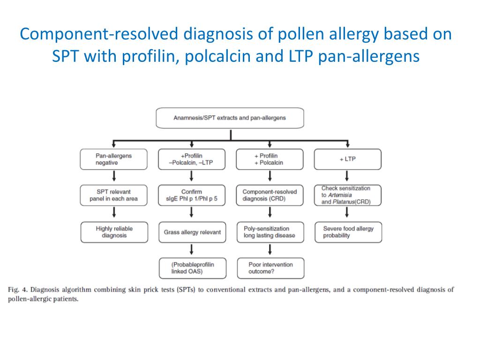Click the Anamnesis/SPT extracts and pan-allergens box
pyautogui.click(x=230, y=118)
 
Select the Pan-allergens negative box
pyautogui.click(x=114, y=159)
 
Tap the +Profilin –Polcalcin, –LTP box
pyautogui.click(x=192, y=159)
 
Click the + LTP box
pyautogui.click(x=347, y=159)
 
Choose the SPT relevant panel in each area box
pyautogui.click(x=114, y=195)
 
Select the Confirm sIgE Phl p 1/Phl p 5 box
pyautogui.click(x=192, y=195)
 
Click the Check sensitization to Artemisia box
pyautogui.click(x=347, y=195)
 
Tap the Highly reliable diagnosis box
pyautogui.click(x=114, y=232)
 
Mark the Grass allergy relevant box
pyautogui.click(x=192, y=232)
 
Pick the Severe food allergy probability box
pyautogui.click(x=347, y=232)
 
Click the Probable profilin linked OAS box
pyautogui.click(x=192, y=268)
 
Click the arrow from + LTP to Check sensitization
pyautogui.click(x=347, y=177)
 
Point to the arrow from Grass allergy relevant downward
pyautogui.click(x=192, y=250)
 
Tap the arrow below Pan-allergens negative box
pyautogui.click(x=114, y=177)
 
